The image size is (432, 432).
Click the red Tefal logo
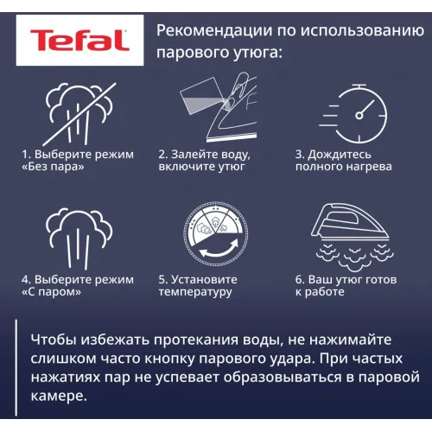pos(79,40)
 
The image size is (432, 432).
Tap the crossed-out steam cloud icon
pos(79,114)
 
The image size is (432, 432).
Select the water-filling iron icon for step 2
pos(219,107)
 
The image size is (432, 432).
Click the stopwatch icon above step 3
pos(353,114)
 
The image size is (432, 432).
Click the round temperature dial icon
pos(216,233)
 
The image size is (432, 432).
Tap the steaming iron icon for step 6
pos(353,237)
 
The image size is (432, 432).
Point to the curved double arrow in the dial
pos(219,252)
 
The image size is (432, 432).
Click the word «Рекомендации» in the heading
pos(214,31)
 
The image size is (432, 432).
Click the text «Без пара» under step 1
pos(53,167)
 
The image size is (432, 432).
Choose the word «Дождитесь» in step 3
pos(340,155)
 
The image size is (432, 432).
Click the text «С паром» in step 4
pos(51,292)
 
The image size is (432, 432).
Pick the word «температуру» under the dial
pos(195,292)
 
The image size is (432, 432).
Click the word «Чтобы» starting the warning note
pos(54,340)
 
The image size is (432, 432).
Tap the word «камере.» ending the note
pos(59,397)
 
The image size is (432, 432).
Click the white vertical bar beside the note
pos(16,367)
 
